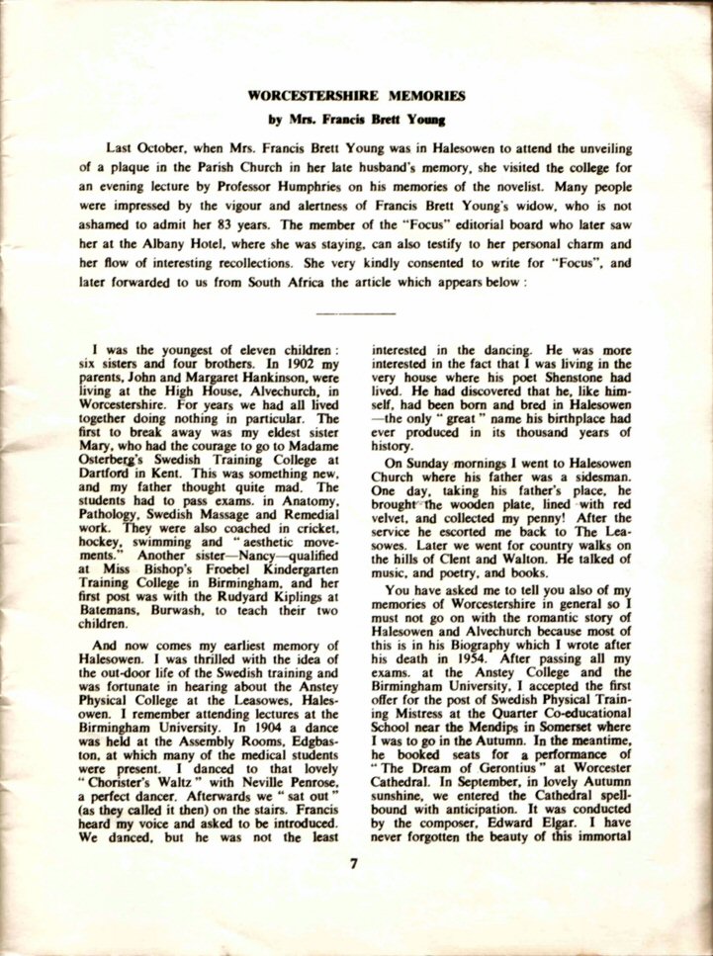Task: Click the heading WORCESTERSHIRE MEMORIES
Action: pos(356,99)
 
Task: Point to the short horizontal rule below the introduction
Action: pos(354,312)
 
